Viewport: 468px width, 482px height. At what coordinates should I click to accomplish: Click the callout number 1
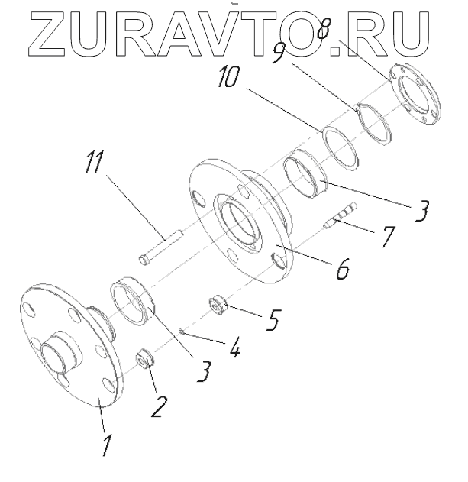[108, 443]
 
